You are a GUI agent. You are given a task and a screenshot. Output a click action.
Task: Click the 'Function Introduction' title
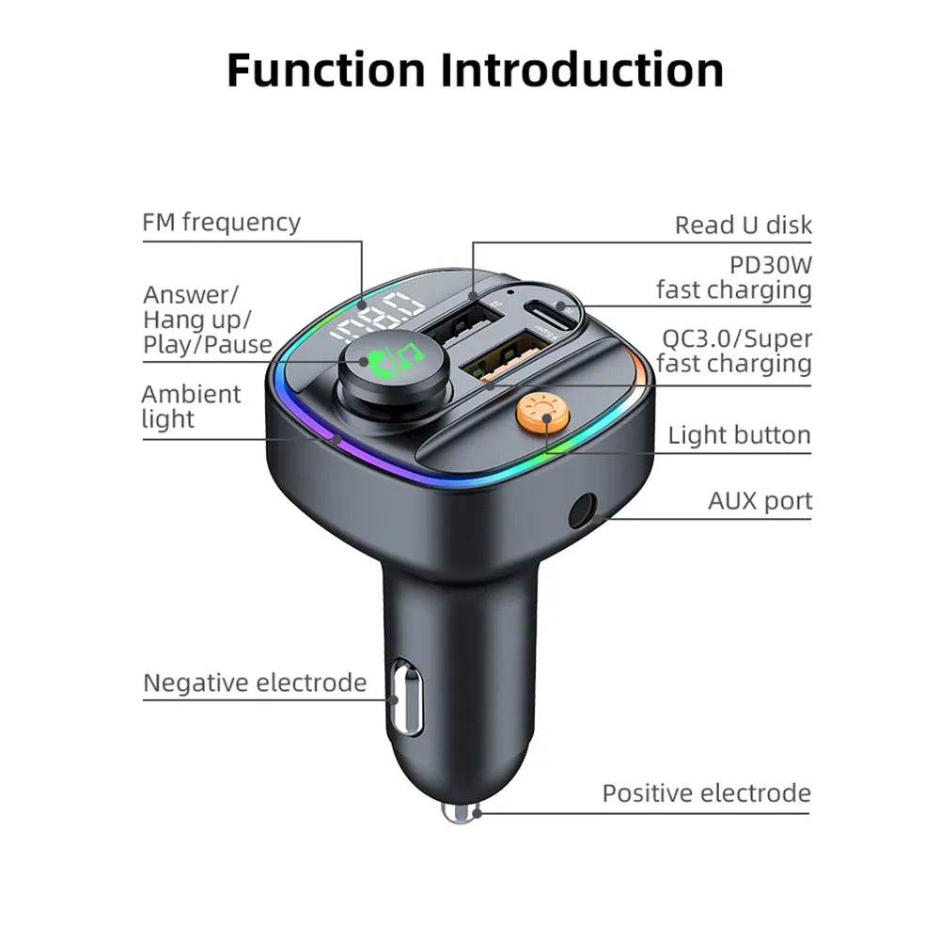click(475, 70)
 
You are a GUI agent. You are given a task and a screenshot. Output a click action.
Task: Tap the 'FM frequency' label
click(222, 223)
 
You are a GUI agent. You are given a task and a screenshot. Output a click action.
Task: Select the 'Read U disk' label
click(743, 226)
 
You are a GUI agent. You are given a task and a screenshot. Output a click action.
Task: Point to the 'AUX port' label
click(760, 501)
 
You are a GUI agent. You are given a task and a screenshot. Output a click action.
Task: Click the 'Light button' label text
click(739, 435)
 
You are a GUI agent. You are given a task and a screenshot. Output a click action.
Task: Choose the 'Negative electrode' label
click(255, 682)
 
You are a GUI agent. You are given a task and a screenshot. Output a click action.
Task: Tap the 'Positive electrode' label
click(706, 793)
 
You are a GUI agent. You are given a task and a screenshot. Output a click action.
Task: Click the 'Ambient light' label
click(191, 406)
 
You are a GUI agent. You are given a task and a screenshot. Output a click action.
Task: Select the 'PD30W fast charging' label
click(733, 277)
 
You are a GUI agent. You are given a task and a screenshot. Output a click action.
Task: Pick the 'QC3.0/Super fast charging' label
click(734, 350)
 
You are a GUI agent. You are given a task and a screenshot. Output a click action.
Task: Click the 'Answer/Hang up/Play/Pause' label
click(207, 320)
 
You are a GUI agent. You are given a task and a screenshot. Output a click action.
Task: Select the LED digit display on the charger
click(377, 316)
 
